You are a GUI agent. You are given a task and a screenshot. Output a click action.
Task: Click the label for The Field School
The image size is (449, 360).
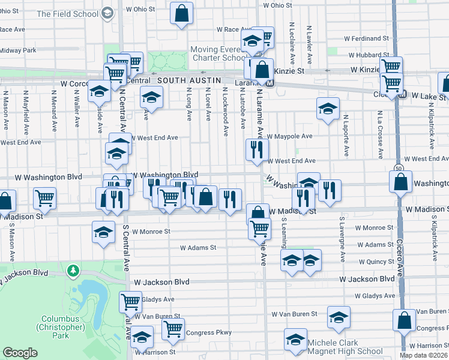[x=68, y=14]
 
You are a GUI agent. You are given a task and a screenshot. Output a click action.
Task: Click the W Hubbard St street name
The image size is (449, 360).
[x=369, y=55]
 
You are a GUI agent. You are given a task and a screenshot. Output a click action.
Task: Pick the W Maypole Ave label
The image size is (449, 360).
[x=290, y=136]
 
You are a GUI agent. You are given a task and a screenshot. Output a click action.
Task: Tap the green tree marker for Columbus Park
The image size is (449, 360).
[x=74, y=272]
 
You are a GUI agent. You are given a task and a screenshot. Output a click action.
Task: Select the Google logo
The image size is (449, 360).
[x=20, y=353]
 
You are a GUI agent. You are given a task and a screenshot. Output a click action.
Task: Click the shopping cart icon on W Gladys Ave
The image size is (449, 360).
[x=130, y=302]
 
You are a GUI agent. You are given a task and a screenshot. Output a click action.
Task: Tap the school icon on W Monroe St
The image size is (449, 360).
[x=103, y=232]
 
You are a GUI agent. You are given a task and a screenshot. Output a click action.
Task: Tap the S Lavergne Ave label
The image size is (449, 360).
[x=343, y=248]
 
